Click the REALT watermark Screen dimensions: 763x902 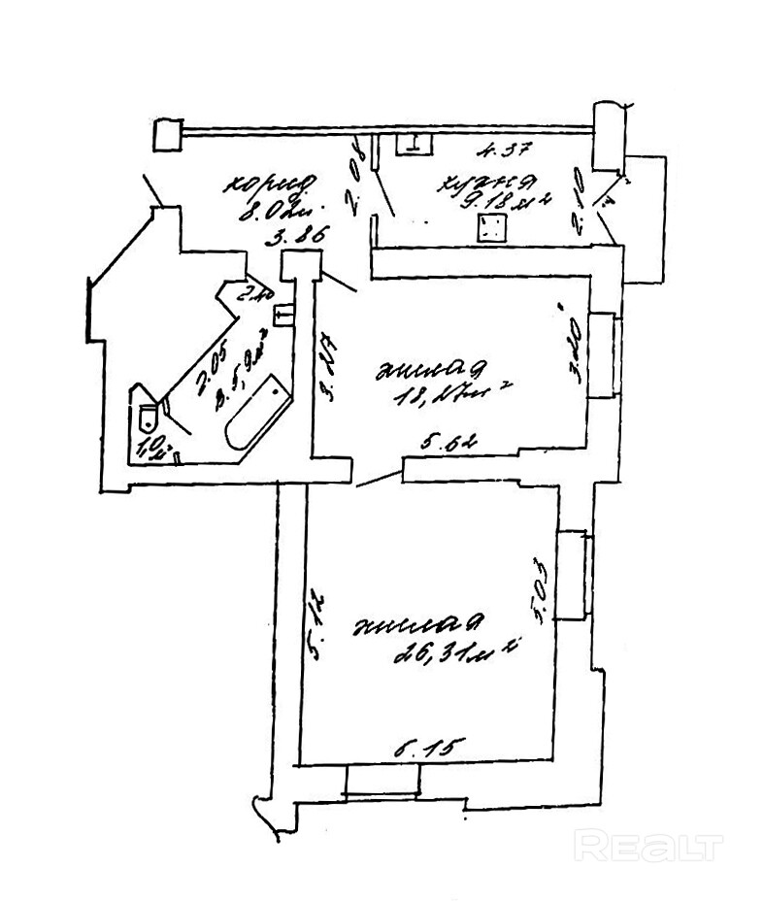pos(647,846)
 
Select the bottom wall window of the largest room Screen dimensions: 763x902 pos(382,782)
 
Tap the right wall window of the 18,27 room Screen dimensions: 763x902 pos(603,352)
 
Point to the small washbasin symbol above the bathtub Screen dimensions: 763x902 pos(284,316)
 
